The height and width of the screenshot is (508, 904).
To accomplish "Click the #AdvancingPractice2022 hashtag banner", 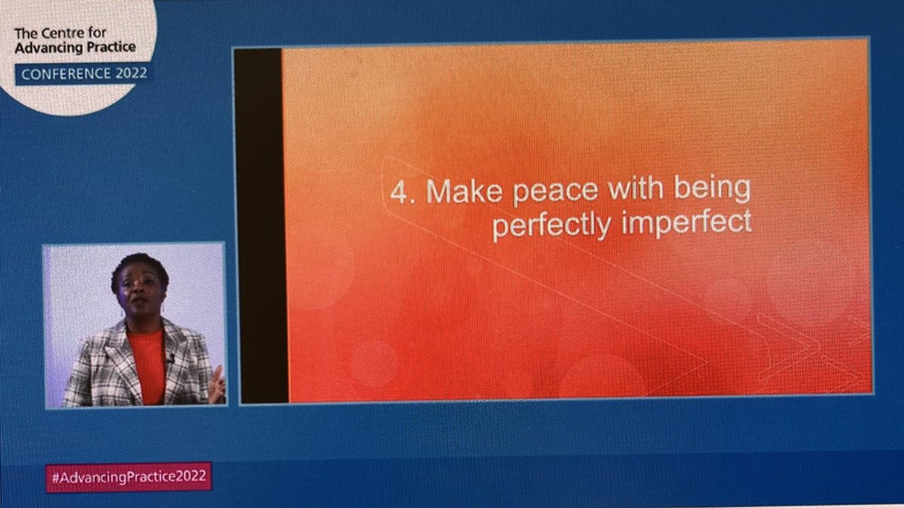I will pyautogui.click(x=128, y=476).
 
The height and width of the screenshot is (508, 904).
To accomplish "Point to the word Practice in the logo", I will pyautogui.click(x=108, y=48).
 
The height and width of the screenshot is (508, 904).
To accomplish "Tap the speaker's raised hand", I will pyautogui.click(x=216, y=384).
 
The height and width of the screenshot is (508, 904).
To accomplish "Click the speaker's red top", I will pyautogui.click(x=147, y=362).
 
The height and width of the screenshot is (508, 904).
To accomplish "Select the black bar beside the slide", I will pyautogui.click(x=260, y=226).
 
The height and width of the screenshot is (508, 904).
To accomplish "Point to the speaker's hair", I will pyautogui.click(x=139, y=263).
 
